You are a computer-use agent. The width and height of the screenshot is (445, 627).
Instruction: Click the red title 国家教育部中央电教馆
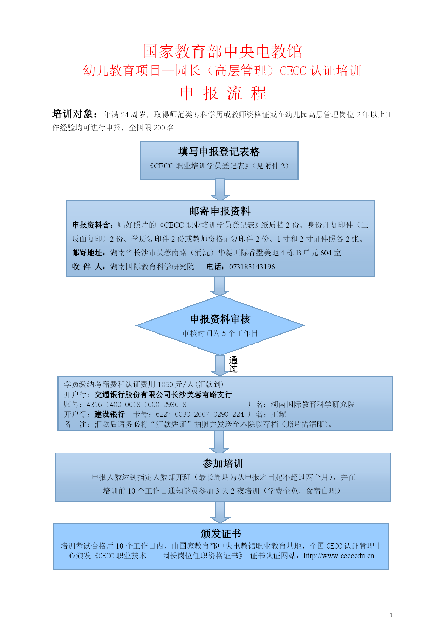222,51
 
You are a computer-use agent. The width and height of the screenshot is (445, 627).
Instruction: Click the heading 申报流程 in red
223,93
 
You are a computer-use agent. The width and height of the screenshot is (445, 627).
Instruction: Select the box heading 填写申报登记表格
219,152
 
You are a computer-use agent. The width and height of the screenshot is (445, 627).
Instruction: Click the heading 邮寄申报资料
220,211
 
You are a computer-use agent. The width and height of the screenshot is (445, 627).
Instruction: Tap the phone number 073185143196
252,267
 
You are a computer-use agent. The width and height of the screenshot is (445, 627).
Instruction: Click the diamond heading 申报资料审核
220,319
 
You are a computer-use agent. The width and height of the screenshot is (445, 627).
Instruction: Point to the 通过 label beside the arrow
233,364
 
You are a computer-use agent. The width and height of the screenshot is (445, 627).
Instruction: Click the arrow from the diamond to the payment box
220,366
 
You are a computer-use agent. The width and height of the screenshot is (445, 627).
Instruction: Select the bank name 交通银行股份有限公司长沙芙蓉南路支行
163,395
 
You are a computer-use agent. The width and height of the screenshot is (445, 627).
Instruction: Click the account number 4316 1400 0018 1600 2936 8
137,405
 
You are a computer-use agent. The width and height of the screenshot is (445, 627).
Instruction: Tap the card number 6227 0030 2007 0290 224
200,414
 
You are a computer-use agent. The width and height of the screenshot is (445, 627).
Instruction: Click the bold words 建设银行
110,414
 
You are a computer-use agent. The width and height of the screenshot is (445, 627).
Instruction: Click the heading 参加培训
223,463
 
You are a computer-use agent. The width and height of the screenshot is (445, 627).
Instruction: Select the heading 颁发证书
221,534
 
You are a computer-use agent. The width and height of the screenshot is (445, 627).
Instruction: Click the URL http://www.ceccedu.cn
339,556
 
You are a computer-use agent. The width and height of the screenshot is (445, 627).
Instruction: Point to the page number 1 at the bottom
391,615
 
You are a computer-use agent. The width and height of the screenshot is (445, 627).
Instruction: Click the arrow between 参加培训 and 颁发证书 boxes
220,512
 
